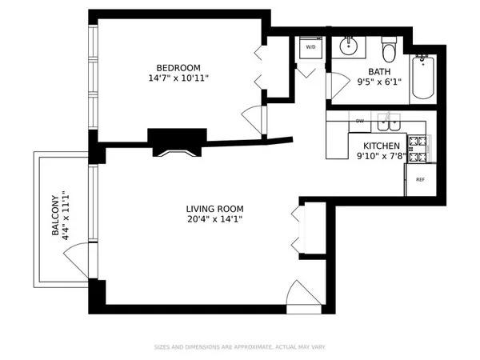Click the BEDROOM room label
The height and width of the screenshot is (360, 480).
(x=178, y=67)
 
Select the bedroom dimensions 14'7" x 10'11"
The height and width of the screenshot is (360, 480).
(x=178, y=78)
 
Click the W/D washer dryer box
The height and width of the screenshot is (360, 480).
(x=310, y=48)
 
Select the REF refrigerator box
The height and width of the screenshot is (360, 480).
(x=419, y=179)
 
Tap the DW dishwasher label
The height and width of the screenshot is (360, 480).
(x=360, y=121)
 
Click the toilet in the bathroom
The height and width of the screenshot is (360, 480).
(x=389, y=51)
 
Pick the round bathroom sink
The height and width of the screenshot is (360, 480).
(x=349, y=46)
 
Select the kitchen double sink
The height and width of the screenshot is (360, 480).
(x=390, y=123)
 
